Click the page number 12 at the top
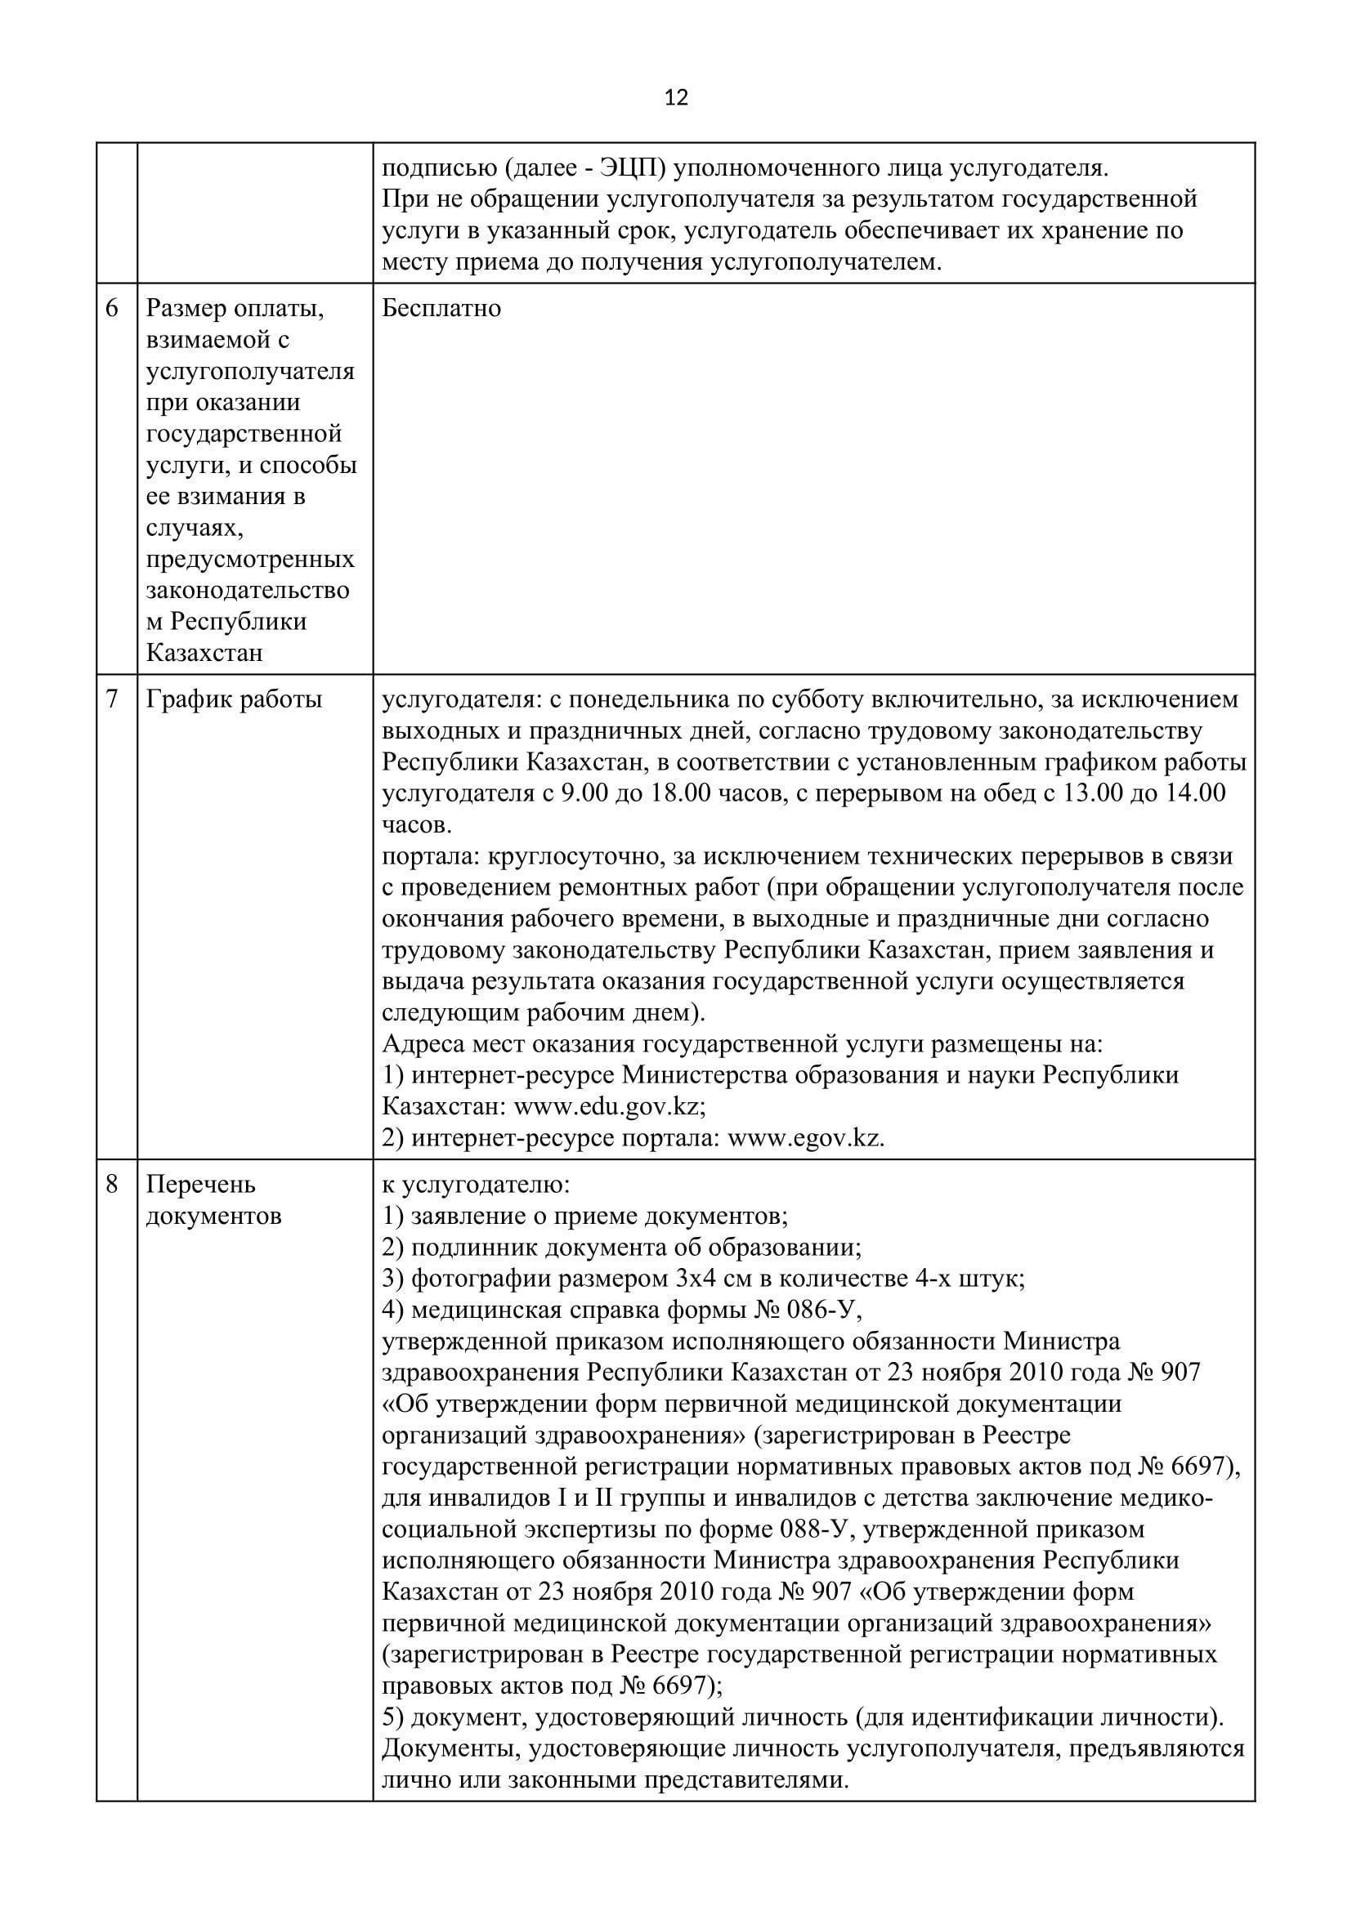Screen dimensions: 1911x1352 click(677, 98)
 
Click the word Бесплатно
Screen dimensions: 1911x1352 click(441, 309)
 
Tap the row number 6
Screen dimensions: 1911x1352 click(112, 309)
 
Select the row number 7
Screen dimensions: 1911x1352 click(112, 699)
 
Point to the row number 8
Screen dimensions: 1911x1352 click(112, 1185)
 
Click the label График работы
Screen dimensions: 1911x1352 click(234, 699)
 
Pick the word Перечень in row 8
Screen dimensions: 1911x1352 click(200, 1185)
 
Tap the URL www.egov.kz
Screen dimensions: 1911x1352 click(805, 1138)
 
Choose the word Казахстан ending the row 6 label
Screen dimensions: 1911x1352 click(204, 653)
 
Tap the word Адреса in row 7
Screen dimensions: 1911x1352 click(423, 1043)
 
